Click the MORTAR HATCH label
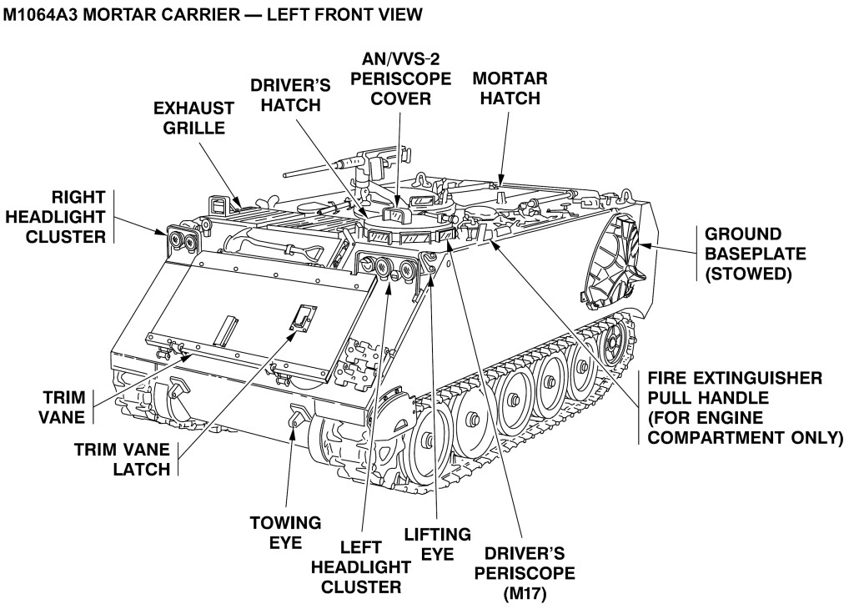tap(510, 88)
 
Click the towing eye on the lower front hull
tap(295, 415)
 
